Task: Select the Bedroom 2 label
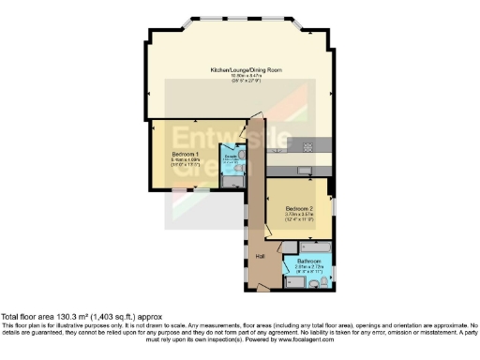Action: (x=300, y=208)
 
